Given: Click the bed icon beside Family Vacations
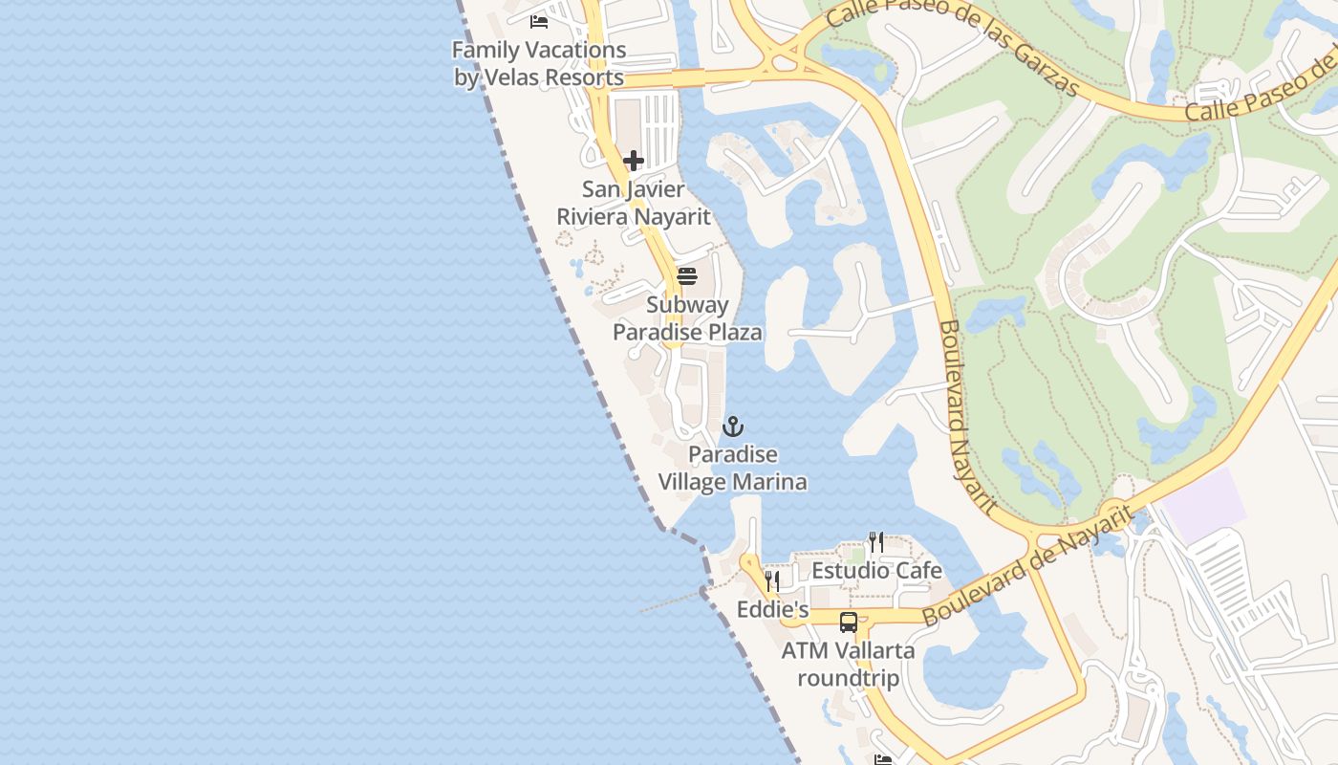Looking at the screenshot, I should [x=539, y=20].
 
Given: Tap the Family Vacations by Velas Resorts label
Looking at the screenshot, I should [x=538, y=64].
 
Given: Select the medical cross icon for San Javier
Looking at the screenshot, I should [x=633, y=161].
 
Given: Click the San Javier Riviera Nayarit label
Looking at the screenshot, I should [x=634, y=203].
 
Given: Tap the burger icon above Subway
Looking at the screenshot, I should [x=686, y=276].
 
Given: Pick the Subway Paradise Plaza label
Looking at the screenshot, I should [x=687, y=318].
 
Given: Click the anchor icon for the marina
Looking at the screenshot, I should [x=733, y=426].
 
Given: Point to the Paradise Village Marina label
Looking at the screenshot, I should [x=733, y=468].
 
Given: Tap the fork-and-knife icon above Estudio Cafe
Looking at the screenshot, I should [x=875, y=542].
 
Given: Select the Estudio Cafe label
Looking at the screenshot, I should [x=876, y=571].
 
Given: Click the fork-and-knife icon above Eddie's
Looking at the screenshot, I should [x=772, y=580].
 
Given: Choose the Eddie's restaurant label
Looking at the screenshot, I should [x=772, y=609].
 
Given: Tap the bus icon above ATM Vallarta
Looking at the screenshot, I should [x=848, y=623].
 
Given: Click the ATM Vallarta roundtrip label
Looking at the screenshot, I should [x=848, y=665].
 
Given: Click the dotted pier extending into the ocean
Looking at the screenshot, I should [x=669, y=601].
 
